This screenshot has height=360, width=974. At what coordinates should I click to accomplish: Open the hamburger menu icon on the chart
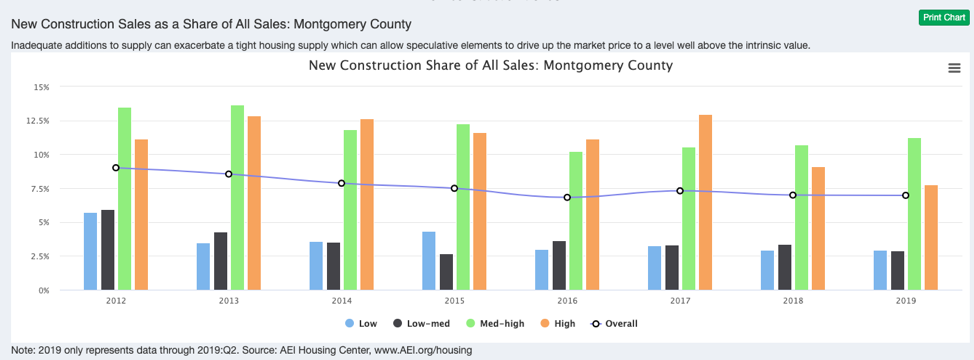(x=953, y=67)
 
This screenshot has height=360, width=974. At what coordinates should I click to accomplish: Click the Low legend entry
(x=361, y=323)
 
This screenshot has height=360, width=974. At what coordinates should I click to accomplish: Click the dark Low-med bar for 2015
(x=446, y=272)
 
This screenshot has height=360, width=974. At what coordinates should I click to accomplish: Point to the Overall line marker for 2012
(x=116, y=168)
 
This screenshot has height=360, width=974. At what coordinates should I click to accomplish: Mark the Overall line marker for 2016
(x=567, y=197)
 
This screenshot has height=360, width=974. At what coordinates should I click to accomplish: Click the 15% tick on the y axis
(x=41, y=87)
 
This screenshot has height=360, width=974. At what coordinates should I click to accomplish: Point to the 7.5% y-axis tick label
(x=39, y=189)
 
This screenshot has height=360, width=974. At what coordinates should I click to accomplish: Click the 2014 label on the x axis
(x=342, y=300)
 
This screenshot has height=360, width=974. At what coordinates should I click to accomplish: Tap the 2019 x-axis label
(x=906, y=300)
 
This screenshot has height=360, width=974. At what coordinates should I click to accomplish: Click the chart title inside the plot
(x=491, y=65)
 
